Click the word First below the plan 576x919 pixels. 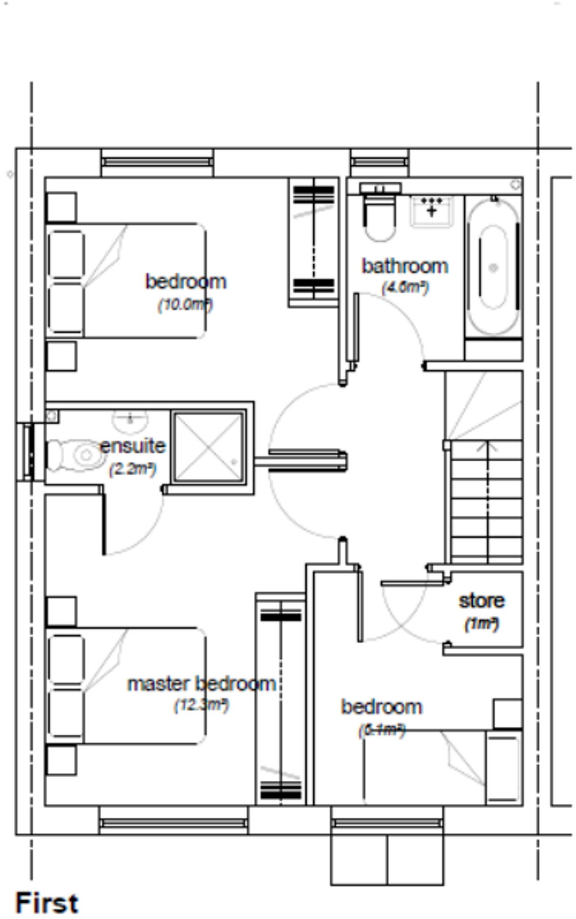click(x=47, y=903)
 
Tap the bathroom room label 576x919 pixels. click(x=405, y=266)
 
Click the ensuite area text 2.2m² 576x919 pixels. click(x=133, y=469)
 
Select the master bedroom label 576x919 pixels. click(x=201, y=684)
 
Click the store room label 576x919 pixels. click(x=481, y=600)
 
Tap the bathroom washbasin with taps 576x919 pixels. click(x=432, y=210)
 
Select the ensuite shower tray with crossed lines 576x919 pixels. click(x=209, y=447)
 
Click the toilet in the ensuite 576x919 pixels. click(x=76, y=455)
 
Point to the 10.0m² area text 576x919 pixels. click(x=185, y=305)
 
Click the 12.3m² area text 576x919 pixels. click(x=201, y=705)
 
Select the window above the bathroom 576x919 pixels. click(x=380, y=162)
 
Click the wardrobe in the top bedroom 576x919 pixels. click(x=314, y=242)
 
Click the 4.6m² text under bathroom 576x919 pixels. click(x=405, y=287)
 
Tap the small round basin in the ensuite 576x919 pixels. click(x=130, y=419)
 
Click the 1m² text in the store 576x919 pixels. click(x=481, y=624)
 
